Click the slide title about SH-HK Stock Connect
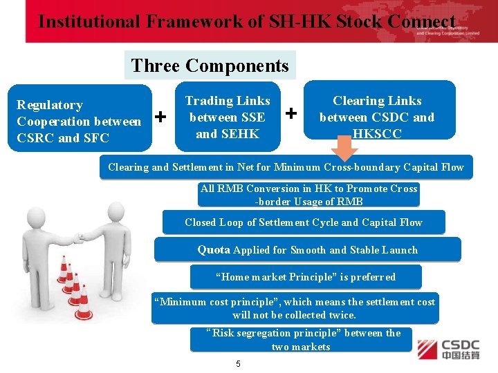pos(247,21)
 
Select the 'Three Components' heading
pos(210,66)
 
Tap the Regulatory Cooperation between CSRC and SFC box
pos(79,121)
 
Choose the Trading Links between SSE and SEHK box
pos(228,117)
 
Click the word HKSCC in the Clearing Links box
pos(377,133)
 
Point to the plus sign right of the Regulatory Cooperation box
pos(161,117)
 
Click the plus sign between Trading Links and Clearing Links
pos(292,112)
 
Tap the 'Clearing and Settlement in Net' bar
pos(286,167)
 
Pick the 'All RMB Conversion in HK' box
pos(308,195)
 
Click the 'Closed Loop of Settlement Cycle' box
pos(303,222)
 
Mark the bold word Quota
pos(214,249)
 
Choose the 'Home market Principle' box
pos(306,277)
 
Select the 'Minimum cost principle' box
pos(295,308)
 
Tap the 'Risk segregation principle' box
pos(301,339)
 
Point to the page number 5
pos(238,364)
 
